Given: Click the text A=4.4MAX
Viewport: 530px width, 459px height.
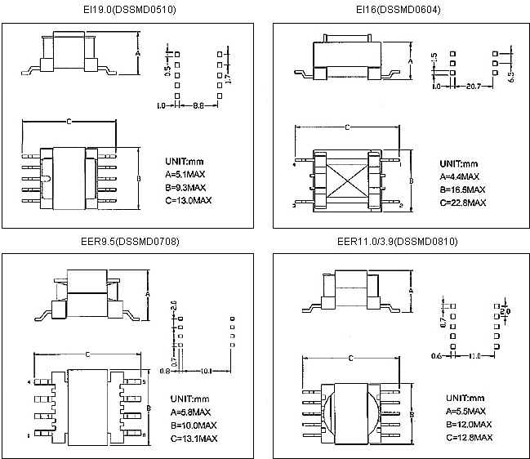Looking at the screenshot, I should pyautogui.click(x=460, y=176).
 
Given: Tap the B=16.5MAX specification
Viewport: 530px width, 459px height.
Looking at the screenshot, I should pyautogui.click(x=462, y=189).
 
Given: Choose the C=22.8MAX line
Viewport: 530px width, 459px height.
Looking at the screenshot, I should pyautogui.click(x=462, y=202).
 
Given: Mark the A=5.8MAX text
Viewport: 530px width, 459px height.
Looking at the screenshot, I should pyautogui.click(x=193, y=412).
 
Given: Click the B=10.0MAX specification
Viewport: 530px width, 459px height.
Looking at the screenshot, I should pyautogui.click(x=194, y=425).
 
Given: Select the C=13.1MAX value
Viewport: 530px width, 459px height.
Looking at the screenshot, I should pyautogui.click(x=194, y=438).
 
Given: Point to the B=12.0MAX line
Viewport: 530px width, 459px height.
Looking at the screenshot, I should pyautogui.click(x=469, y=425).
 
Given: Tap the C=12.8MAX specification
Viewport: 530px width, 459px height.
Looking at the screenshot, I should pyautogui.click(x=469, y=438).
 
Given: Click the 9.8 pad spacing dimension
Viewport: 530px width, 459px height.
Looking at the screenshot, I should pyautogui.click(x=198, y=105).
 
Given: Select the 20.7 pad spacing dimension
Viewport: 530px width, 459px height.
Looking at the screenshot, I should pyautogui.click(x=472, y=85).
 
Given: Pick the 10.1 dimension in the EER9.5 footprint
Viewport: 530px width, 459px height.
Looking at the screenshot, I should pyautogui.click(x=206, y=371).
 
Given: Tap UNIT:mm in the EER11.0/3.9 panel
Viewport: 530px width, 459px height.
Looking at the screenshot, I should pyautogui.click(x=464, y=398).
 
